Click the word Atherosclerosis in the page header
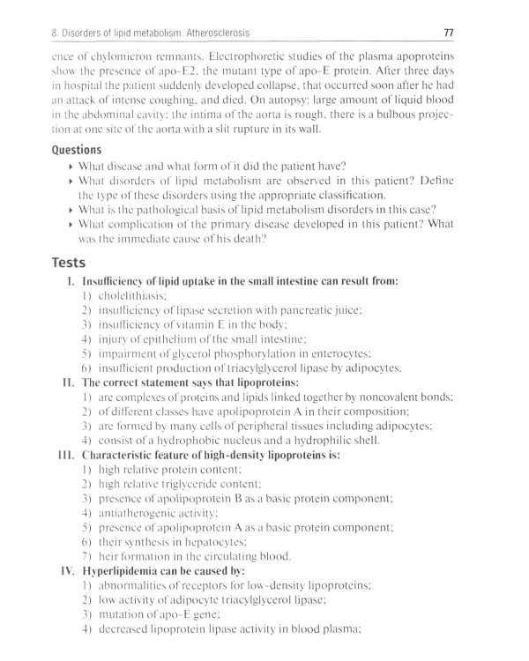click(x=220, y=33)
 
